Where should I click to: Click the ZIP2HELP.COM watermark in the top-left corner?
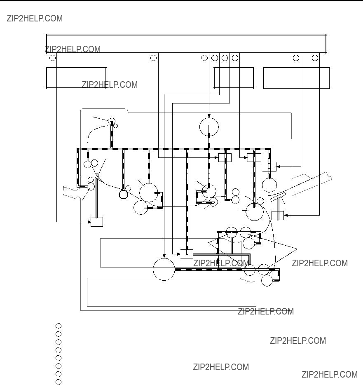coord(35,19)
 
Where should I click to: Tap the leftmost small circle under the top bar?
coord(52,58)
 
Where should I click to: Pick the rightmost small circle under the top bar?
coord(315,58)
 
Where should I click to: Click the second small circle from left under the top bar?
coord(153,58)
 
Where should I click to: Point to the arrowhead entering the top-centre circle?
coord(209,116)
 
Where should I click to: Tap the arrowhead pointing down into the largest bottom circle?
coord(164,256)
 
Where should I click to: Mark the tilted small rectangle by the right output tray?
coord(278,197)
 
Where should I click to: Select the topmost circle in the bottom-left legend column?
coord(59,326)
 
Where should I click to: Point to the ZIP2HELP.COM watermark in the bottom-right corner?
coord(330,374)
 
